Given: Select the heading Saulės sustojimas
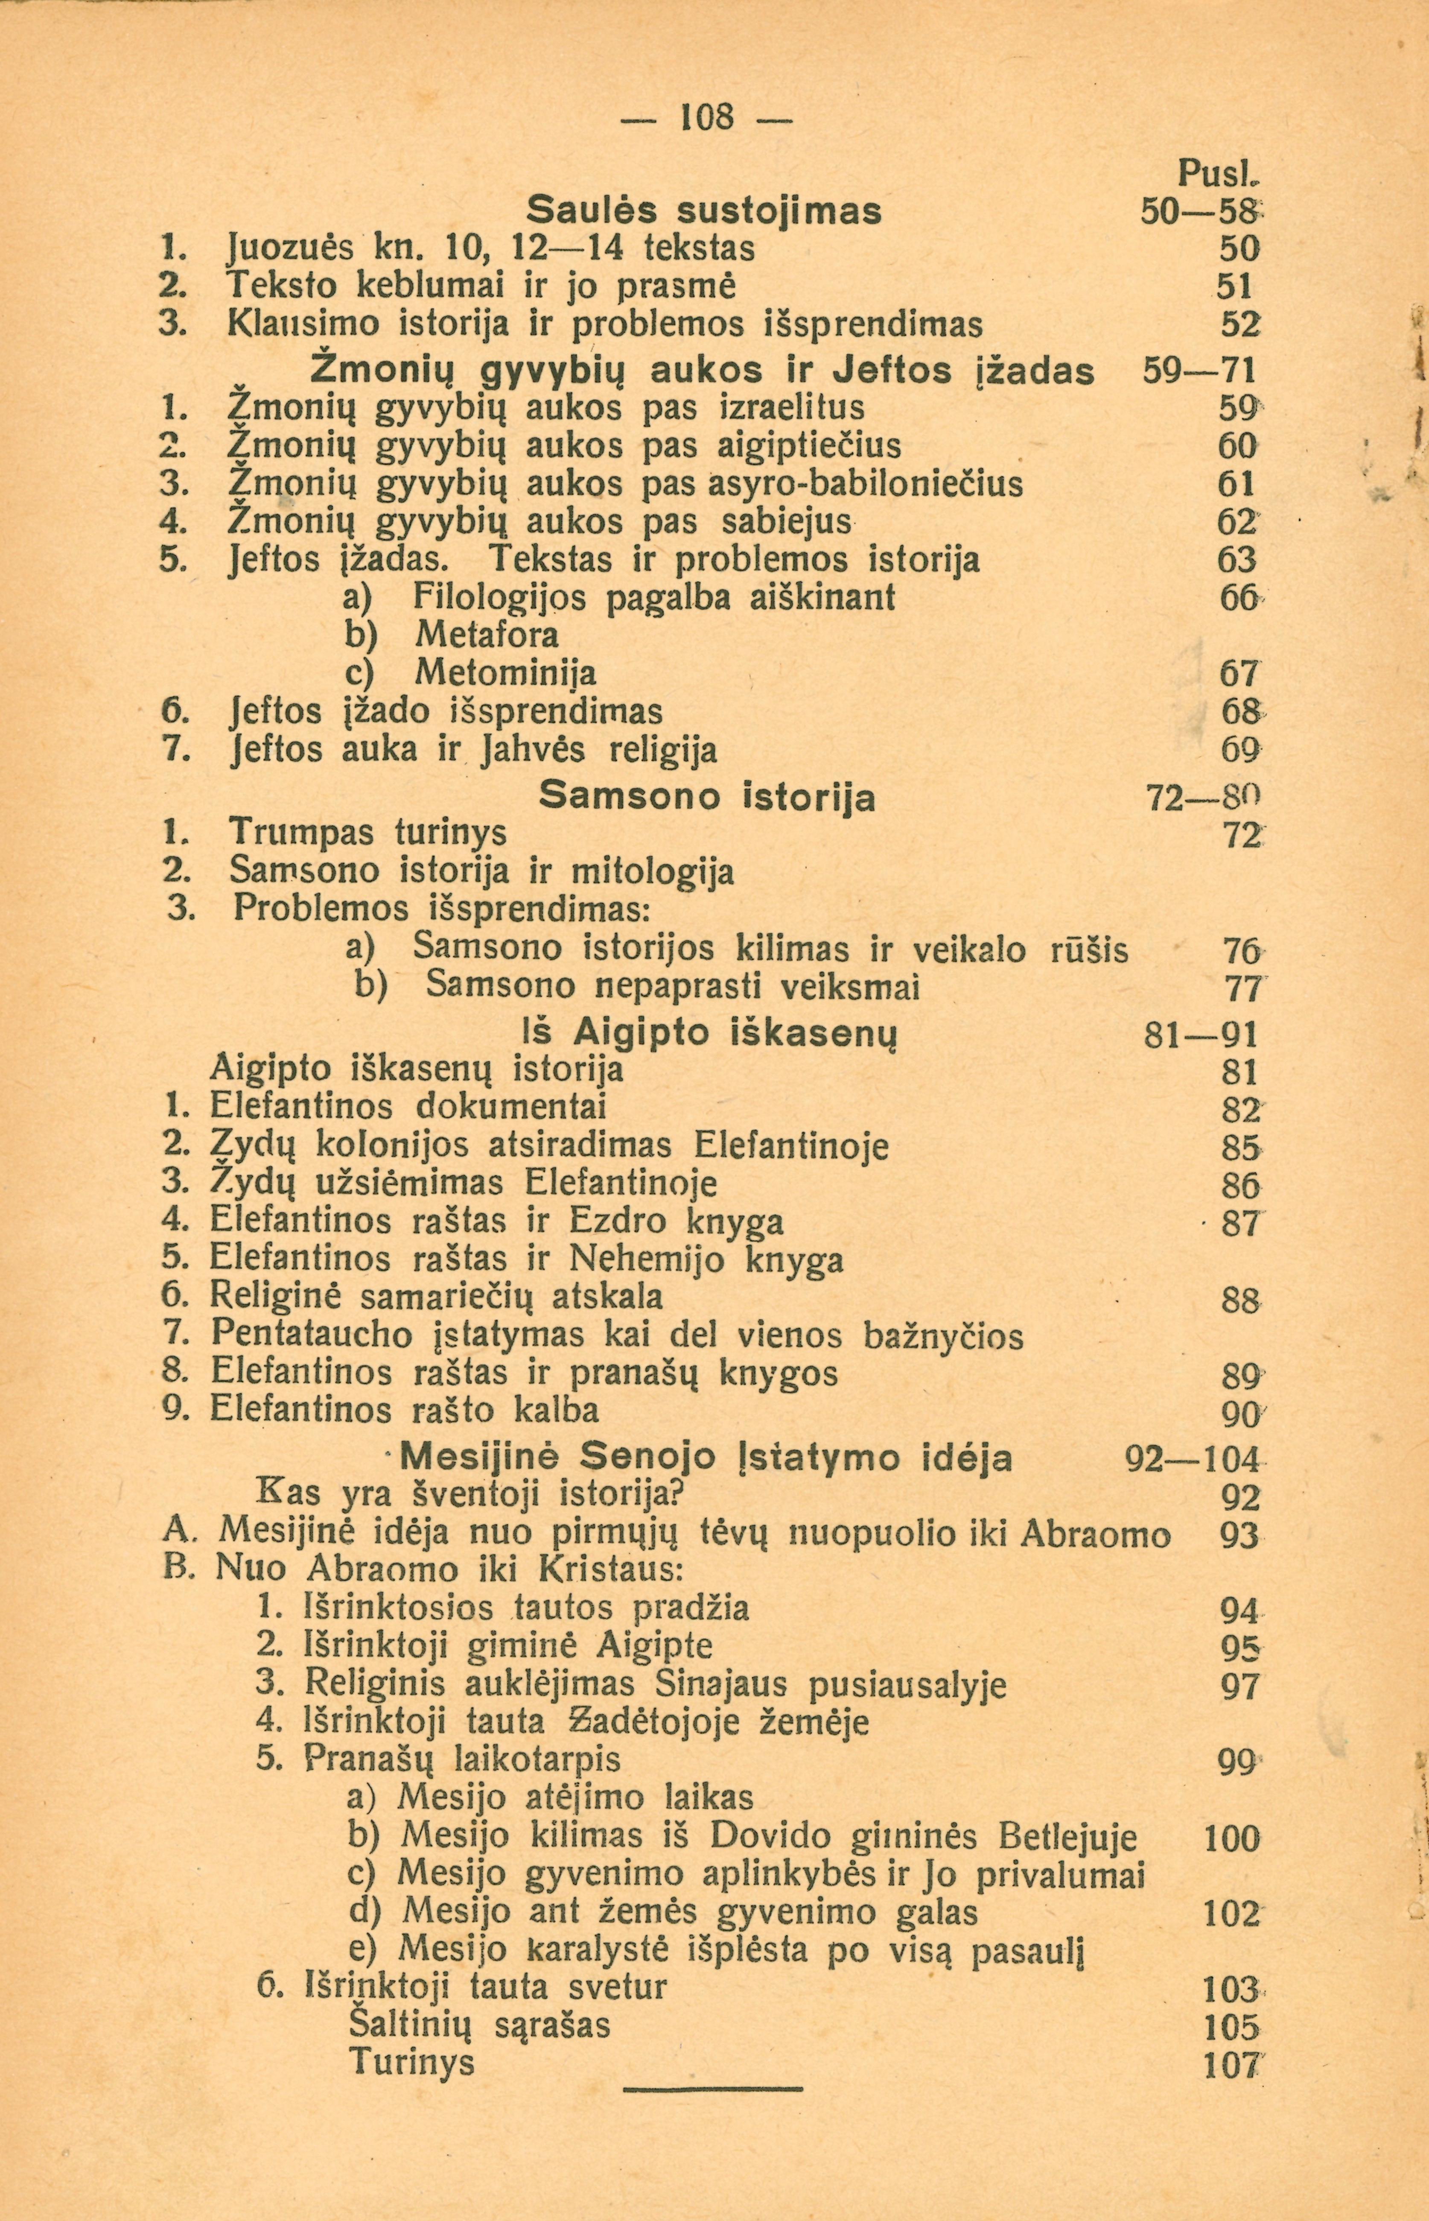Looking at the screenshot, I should (x=703, y=210).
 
